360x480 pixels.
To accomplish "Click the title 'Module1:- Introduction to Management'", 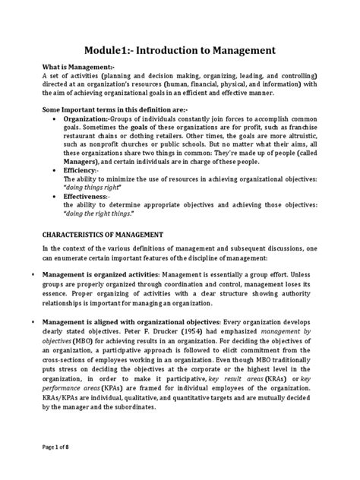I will pyautogui.click(x=179, y=51).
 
